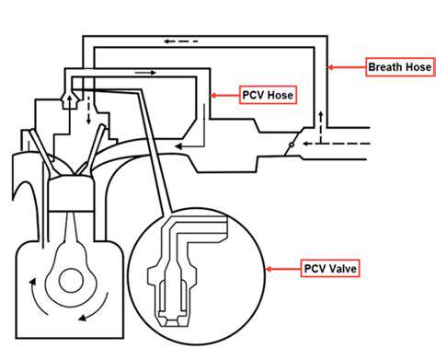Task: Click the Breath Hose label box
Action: click(400, 67)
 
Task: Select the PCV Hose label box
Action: click(268, 95)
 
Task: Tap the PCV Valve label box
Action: click(330, 269)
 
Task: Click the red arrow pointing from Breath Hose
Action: click(347, 67)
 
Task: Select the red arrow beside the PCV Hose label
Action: click(225, 96)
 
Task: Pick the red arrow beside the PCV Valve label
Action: click(283, 269)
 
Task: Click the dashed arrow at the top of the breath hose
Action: click(180, 41)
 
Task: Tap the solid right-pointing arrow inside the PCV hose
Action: click(145, 73)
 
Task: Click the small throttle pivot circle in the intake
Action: click(292, 145)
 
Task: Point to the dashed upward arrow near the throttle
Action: click(321, 127)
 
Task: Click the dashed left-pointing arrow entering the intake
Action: click(336, 144)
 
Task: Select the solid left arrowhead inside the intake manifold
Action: click(178, 146)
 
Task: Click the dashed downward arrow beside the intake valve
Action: click(88, 110)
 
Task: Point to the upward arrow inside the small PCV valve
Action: click(70, 101)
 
